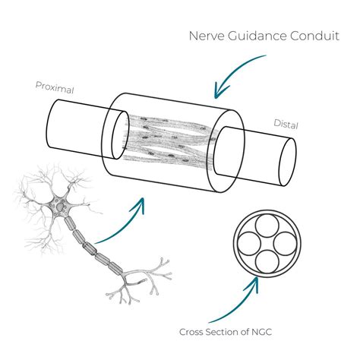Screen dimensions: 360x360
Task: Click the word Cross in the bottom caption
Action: [193, 332]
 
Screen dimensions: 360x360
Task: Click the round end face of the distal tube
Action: [286, 162]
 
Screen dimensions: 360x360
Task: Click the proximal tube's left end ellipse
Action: [49, 121]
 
